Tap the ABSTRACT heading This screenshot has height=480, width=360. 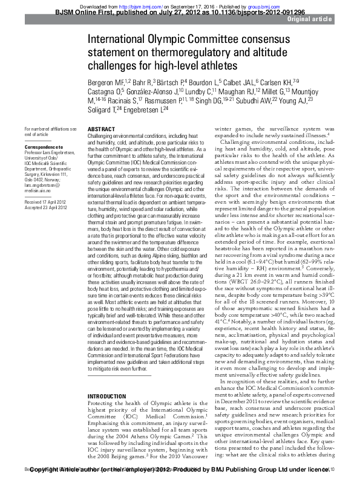coord(100,130)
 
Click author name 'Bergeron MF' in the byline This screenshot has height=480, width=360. coord(106,82)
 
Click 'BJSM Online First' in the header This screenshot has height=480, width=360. coord(81,11)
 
